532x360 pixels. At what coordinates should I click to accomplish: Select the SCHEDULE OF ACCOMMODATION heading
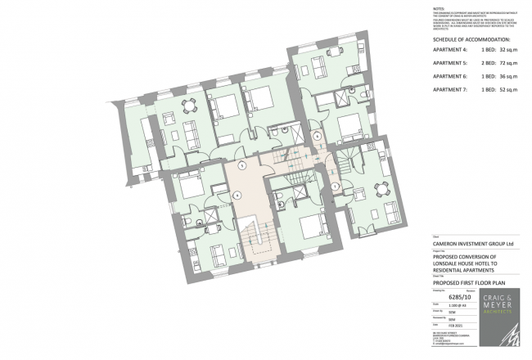pos(471,39)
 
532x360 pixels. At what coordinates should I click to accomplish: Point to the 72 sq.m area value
pos(504,62)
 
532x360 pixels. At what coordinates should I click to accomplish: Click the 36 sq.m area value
pos(504,75)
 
